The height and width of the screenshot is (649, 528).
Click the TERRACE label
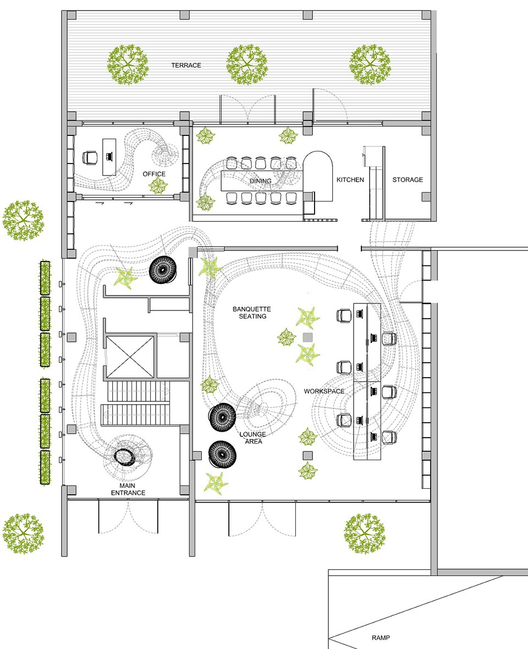pyautogui.click(x=186, y=66)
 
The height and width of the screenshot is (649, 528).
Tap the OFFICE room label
pyautogui.click(x=154, y=174)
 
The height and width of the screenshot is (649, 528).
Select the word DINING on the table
pyautogui.click(x=261, y=181)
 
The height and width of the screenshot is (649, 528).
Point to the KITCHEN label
pyautogui.click(x=350, y=179)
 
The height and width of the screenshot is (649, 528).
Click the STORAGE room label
pyautogui.click(x=408, y=179)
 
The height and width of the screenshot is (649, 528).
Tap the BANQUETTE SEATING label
pyautogui.click(x=252, y=313)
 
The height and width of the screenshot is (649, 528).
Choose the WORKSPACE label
pyautogui.click(x=324, y=391)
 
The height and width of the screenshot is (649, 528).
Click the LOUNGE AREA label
pyautogui.click(x=252, y=438)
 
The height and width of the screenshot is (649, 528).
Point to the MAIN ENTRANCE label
pyautogui.click(x=128, y=489)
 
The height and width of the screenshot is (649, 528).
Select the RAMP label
pyautogui.click(x=381, y=638)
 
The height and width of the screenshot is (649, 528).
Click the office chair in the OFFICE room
pyautogui.click(x=90, y=157)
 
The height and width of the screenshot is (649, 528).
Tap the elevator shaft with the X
pyautogui.click(x=130, y=357)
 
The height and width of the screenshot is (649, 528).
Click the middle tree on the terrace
pyautogui.click(x=247, y=65)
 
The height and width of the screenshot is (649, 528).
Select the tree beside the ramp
pyautogui.click(x=364, y=534)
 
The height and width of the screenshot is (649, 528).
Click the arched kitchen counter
pyautogui.click(x=317, y=176)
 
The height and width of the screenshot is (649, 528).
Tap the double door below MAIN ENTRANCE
pyautogui.click(x=128, y=516)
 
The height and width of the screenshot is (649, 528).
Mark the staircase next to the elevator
pyautogui.click(x=136, y=403)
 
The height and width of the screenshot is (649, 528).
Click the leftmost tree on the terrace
pyautogui.click(x=128, y=65)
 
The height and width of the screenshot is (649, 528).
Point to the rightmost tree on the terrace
pyautogui.click(x=370, y=65)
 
